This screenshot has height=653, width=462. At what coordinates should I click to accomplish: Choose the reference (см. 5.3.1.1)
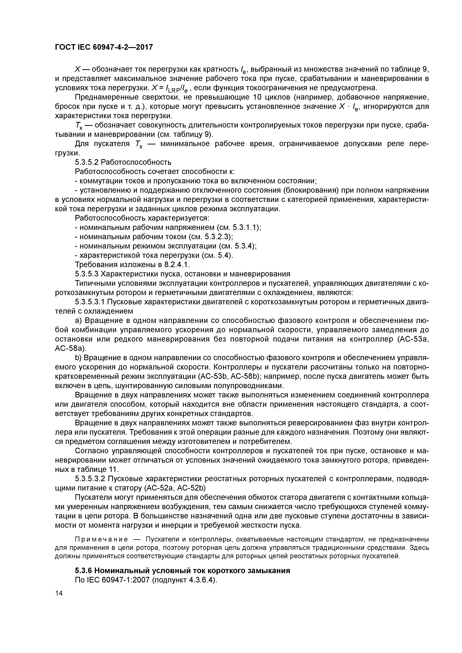pos(239,227)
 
